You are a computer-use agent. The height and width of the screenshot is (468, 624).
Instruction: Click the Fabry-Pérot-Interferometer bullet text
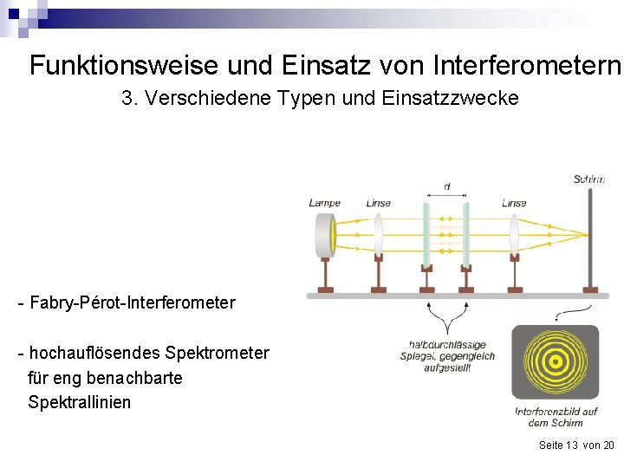click(127, 303)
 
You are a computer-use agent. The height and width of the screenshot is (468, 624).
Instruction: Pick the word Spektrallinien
click(80, 402)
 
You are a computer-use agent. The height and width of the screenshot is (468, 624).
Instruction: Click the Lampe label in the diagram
click(324, 204)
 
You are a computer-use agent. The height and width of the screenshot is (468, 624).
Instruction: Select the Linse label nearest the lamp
click(379, 204)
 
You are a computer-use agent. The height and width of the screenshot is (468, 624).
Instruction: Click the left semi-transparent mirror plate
click(426, 234)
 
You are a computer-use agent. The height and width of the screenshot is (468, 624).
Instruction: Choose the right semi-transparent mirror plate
click(466, 234)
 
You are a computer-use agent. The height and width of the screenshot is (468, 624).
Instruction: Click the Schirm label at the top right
click(588, 179)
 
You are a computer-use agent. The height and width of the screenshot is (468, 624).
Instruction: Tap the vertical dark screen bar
click(592, 238)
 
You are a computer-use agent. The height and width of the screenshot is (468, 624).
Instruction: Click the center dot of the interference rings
click(555, 362)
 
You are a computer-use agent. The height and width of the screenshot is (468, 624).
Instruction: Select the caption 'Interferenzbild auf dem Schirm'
click(555, 417)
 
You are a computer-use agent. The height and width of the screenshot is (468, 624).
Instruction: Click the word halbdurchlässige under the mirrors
click(447, 345)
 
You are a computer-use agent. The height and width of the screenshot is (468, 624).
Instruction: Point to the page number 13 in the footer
click(570, 445)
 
